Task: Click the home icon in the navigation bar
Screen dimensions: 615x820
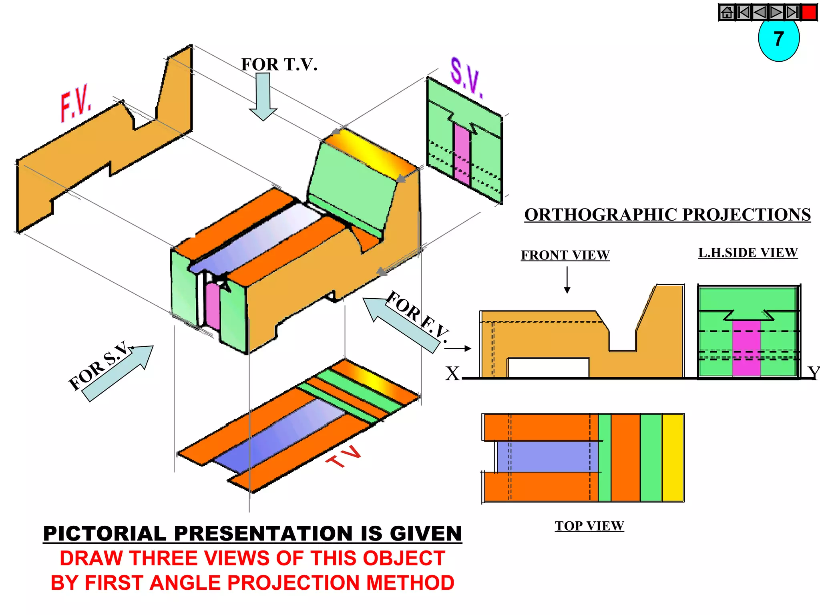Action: [x=727, y=12]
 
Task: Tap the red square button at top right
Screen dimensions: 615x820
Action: [x=809, y=12]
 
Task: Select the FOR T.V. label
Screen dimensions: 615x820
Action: [x=279, y=64]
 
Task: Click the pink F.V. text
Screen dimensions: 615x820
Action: [x=76, y=103]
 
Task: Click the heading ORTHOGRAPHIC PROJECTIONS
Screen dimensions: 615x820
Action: [x=667, y=215]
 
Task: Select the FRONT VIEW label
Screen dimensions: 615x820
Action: [x=565, y=255]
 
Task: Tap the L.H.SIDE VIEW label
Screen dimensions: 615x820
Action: [x=748, y=253]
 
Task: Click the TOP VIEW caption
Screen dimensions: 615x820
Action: [x=589, y=526]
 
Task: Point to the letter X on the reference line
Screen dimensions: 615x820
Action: [x=452, y=374]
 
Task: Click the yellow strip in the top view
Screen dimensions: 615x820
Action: [x=673, y=458]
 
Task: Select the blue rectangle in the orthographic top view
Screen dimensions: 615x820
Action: [x=547, y=457]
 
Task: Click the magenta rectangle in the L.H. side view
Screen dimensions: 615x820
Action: [x=746, y=348]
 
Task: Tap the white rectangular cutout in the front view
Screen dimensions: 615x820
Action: [x=548, y=368]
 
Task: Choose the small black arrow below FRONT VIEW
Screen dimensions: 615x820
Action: [x=567, y=280]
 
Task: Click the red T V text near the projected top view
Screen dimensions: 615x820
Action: [x=344, y=456]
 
